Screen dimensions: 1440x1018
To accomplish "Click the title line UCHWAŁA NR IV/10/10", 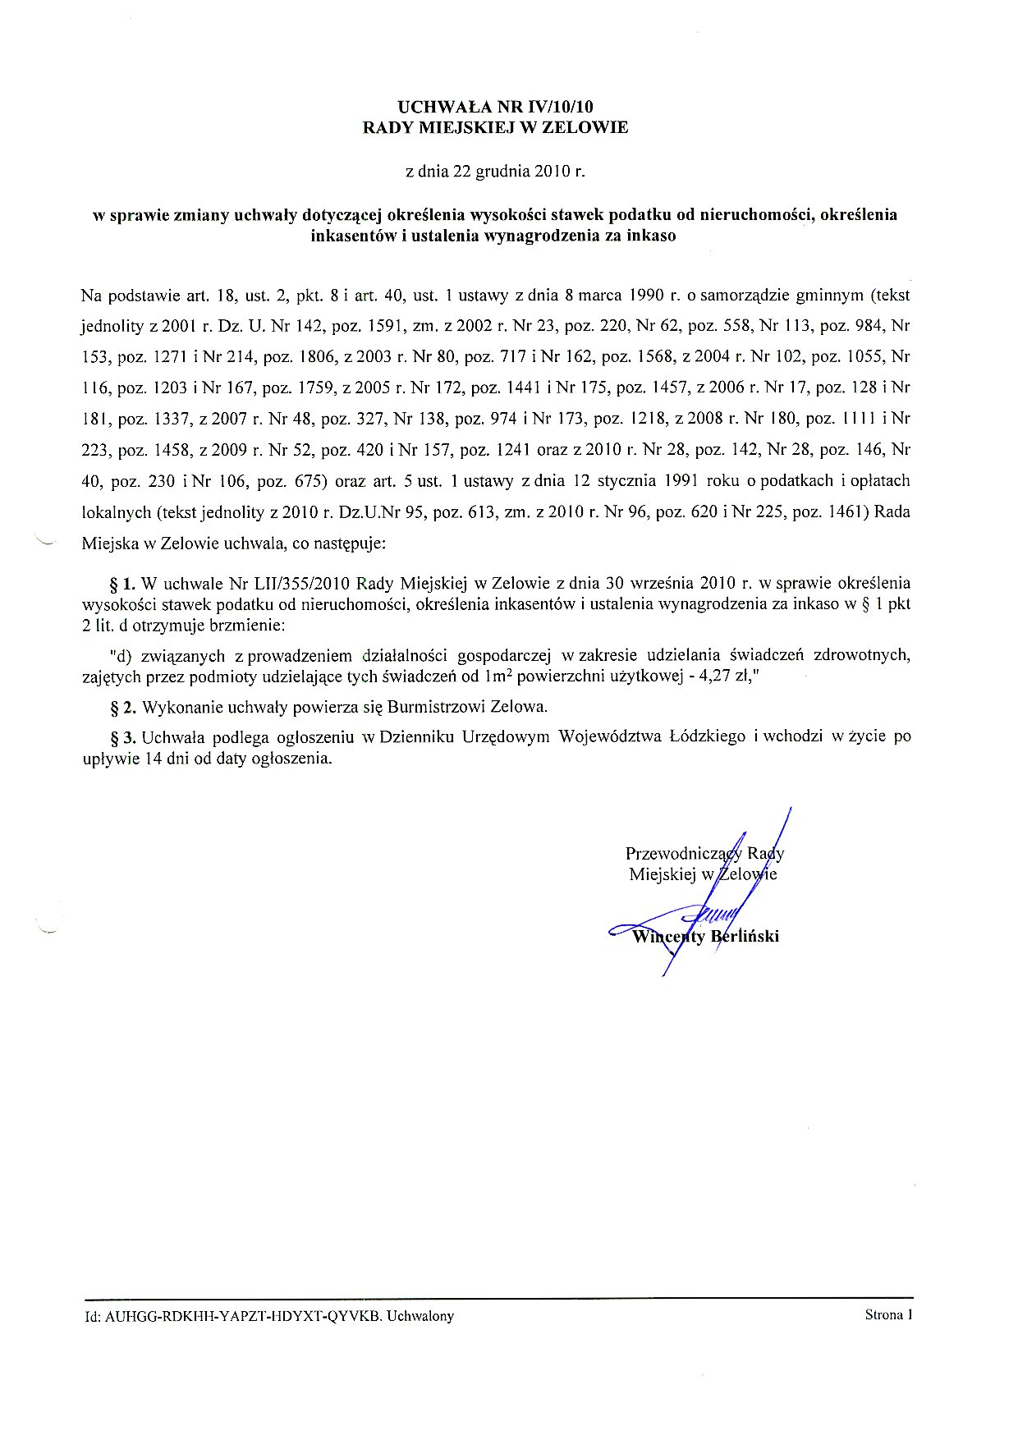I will tap(495, 107).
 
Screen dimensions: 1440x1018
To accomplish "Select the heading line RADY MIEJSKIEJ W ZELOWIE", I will tap(495, 127).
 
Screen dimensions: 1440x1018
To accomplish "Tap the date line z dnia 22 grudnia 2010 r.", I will tap(495, 172).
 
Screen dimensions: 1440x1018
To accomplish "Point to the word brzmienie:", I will tap(245, 626).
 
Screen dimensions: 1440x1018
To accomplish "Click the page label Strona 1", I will tap(888, 1315).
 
